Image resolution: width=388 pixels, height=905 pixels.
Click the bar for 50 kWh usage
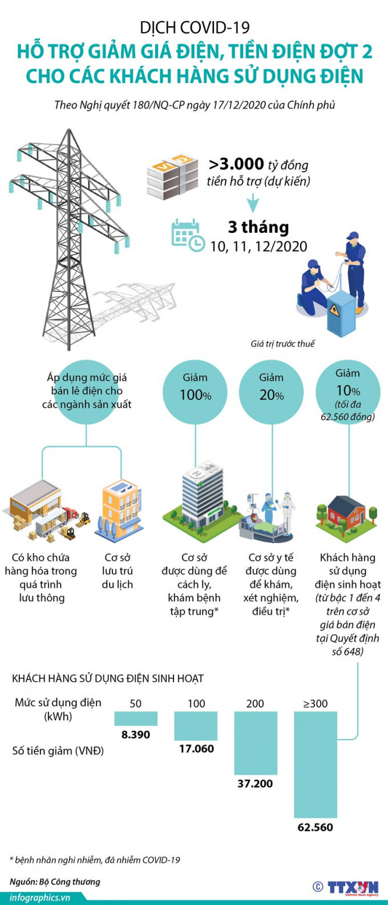click(x=135, y=718)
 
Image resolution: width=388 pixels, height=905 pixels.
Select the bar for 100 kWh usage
click(x=196, y=726)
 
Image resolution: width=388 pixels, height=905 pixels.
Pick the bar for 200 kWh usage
click(x=255, y=743)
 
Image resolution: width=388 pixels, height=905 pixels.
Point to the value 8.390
click(x=135, y=735)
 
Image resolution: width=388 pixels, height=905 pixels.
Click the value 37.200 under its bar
click(x=255, y=784)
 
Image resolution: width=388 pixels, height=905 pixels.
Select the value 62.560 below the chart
click(x=315, y=827)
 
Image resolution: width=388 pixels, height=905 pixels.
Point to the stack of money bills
click(x=172, y=175)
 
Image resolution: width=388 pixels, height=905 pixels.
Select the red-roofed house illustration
click(x=347, y=513)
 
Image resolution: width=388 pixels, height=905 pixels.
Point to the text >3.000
click(x=236, y=164)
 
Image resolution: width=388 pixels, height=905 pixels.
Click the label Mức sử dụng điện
click(x=58, y=702)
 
